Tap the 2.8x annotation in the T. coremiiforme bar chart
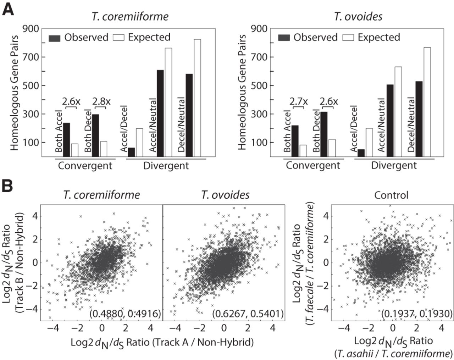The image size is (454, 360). pos(101,101)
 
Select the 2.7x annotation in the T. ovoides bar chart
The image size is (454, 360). pos(298,101)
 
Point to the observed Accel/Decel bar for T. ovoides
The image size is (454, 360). pos(361,153)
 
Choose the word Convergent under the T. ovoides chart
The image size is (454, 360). pos(313,165)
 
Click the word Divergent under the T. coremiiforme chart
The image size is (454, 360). pos(166,166)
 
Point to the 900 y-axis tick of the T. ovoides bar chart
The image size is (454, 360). pos(259,28)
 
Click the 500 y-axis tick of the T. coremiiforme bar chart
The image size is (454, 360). pos(31,85)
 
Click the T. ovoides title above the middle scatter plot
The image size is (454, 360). pos(225,195)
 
